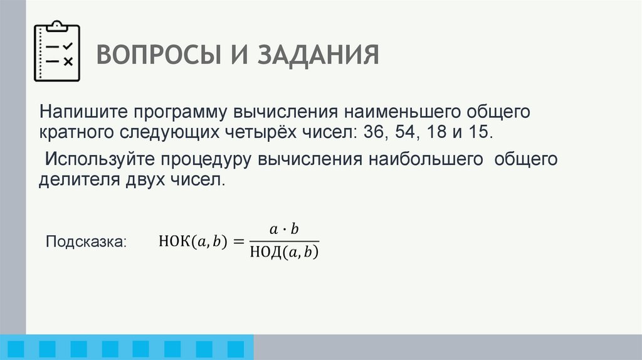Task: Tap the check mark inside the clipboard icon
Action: (68, 46)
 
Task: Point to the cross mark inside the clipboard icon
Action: (68, 61)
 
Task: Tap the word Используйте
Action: (93, 159)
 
